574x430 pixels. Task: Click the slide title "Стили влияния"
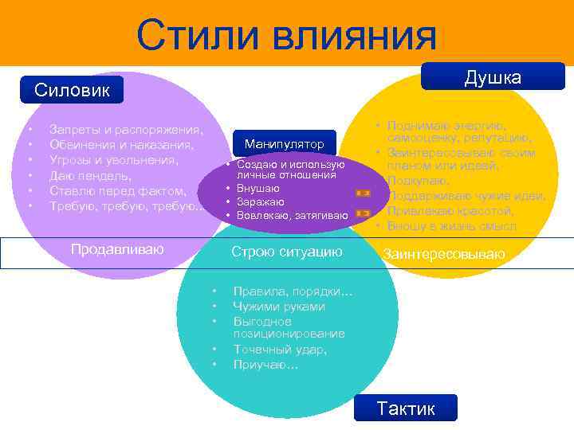[x=286, y=35]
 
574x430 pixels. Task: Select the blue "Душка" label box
[x=493, y=77]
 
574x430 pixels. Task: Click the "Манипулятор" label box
[x=285, y=144]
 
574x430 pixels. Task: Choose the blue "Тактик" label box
[x=406, y=408]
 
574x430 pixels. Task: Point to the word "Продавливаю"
[x=117, y=249]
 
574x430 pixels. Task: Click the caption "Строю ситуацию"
[x=286, y=252]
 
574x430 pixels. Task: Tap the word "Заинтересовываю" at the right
[x=444, y=254]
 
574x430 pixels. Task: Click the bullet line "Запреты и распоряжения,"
[x=126, y=129]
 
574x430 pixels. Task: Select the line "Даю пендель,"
[x=90, y=175]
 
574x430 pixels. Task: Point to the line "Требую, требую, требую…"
[x=126, y=206]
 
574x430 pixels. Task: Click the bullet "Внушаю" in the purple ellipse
[x=258, y=188]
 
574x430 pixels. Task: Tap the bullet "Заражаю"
[x=261, y=201]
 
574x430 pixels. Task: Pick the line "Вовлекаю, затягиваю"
[x=292, y=215]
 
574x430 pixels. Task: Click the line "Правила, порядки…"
[x=293, y=291]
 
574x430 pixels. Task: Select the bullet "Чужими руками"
[x=279, y=307]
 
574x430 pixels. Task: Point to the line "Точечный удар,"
[x=280, y=349]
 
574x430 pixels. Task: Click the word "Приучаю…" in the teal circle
[x=265, y=364]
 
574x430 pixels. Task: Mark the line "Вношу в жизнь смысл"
[x=451, y=226]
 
